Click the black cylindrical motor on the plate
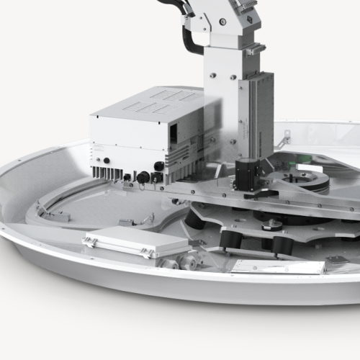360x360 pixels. point(247,174)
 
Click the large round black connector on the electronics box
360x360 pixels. point(143,177)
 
